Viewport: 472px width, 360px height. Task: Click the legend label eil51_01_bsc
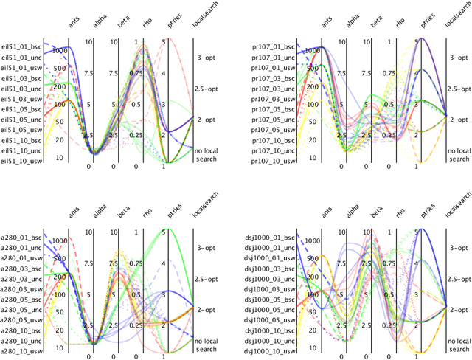[x=21, y=46]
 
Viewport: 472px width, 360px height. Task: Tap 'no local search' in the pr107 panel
[x=459, y=155]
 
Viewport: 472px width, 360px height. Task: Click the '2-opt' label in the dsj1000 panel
[x=459, y=311]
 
